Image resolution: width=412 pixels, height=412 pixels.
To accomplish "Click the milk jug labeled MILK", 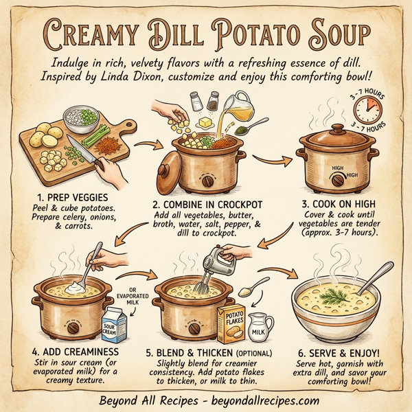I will pos(257,328).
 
